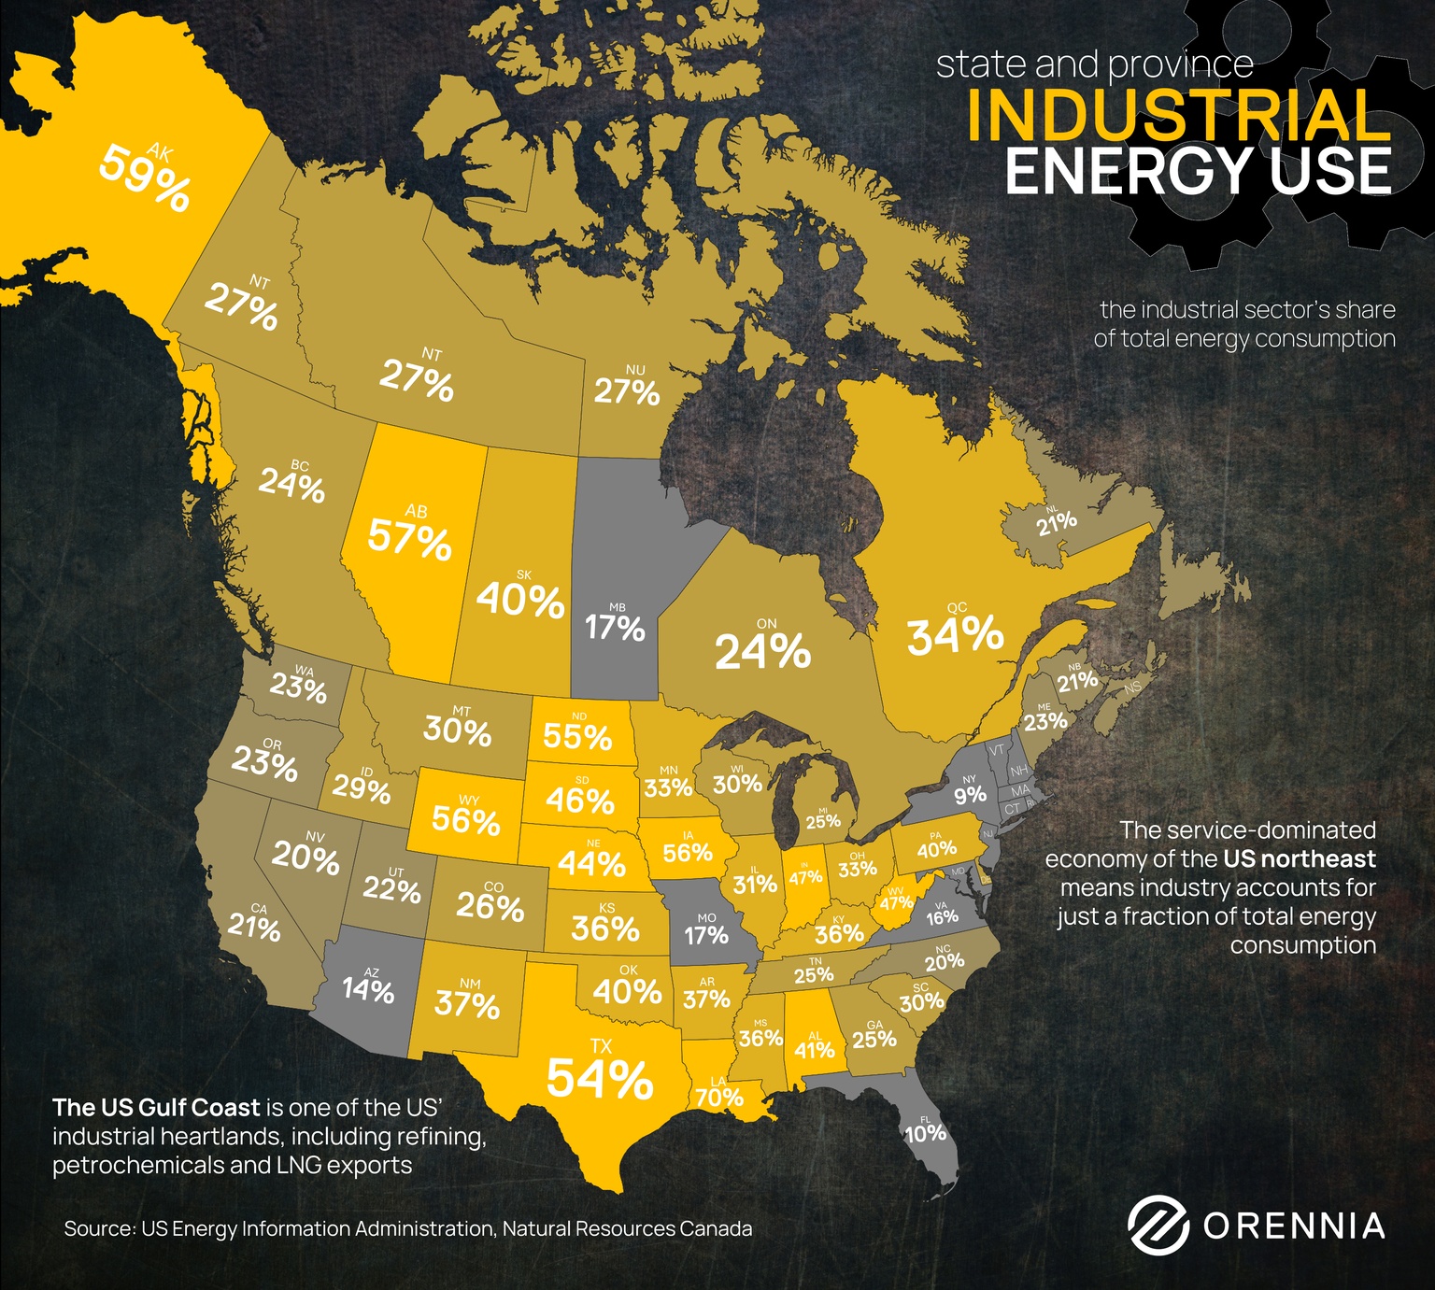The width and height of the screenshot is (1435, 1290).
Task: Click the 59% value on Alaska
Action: click(145, 177)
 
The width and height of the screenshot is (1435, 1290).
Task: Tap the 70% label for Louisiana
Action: click(719, 1098)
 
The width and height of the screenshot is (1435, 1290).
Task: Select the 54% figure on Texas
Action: click(599, 1079)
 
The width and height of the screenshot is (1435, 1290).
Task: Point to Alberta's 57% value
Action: click(409, 539)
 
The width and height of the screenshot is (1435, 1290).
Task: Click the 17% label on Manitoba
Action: click(615, 628)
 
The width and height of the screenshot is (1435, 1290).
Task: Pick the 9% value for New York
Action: click(970, 795)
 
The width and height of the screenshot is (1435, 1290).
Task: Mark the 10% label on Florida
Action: click(925, 1133)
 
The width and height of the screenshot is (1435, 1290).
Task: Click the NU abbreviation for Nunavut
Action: click(635, 371)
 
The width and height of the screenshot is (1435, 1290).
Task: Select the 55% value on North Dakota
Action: click(577, 737)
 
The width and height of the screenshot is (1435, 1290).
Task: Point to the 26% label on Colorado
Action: click(490, 906)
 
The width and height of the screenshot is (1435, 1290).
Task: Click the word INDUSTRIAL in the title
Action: click(1179, 116)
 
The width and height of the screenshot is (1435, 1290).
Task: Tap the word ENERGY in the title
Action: click(1128, 172)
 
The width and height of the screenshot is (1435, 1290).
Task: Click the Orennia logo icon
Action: click(1158, 1225)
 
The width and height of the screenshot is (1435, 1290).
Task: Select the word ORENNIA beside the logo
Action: click(1294, 1226)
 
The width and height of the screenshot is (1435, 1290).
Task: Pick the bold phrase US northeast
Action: click(1300, 858)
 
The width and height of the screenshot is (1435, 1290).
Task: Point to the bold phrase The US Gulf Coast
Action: click(156, 1108)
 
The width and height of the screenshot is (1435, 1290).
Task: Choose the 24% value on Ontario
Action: click(762, 651)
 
